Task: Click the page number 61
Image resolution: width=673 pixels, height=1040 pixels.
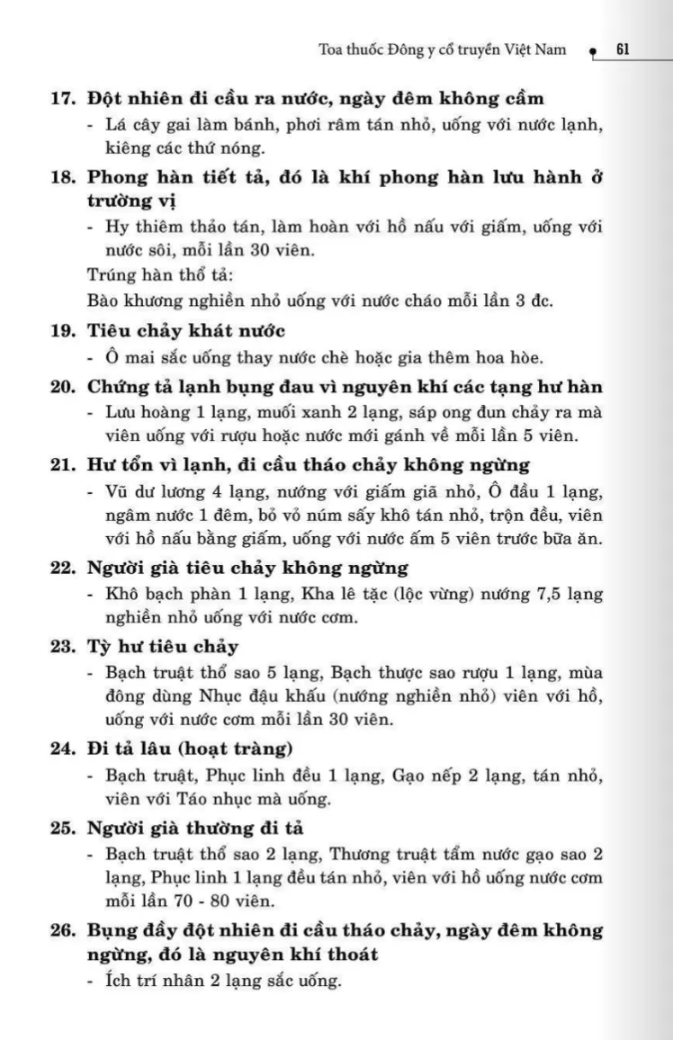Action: point(622,49)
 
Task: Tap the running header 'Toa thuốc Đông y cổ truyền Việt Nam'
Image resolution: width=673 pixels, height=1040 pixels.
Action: point(443,49)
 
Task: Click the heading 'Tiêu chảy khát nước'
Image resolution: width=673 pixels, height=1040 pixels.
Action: point(186,330)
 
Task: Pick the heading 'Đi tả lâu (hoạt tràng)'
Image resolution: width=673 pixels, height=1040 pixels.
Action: point(190,749)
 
